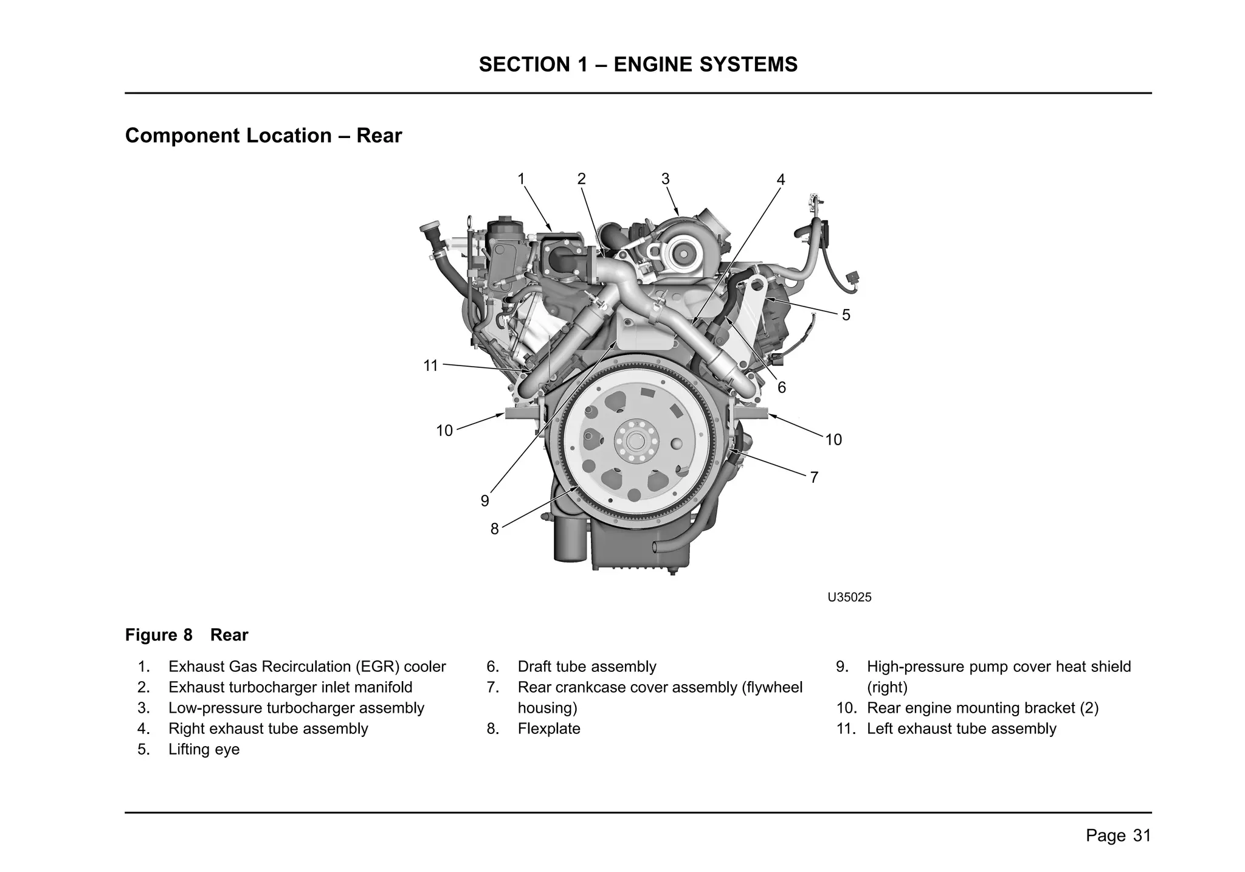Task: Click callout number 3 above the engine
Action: (x=665, y=179)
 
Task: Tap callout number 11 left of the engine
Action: (x=430, y=365)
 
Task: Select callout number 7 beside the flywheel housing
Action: (x=814, y=477)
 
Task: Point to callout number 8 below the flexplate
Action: (x=494, y=529)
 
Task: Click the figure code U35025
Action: (x=849, y=597)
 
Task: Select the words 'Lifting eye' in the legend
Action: (x=204, y=749)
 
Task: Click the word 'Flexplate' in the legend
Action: (x=548, y=728)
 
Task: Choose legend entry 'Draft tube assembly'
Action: (x=587, y=666)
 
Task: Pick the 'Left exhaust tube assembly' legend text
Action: (x=961, y=728)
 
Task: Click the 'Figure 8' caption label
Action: (x=159, y=635)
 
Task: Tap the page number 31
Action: (x=1142, y=836)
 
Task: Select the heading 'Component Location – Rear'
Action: (x=263, y=135)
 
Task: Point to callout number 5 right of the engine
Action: (x=846, y=315)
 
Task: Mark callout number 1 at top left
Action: (x=521, y=179)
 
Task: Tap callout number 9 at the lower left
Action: (x=485, y=500)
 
